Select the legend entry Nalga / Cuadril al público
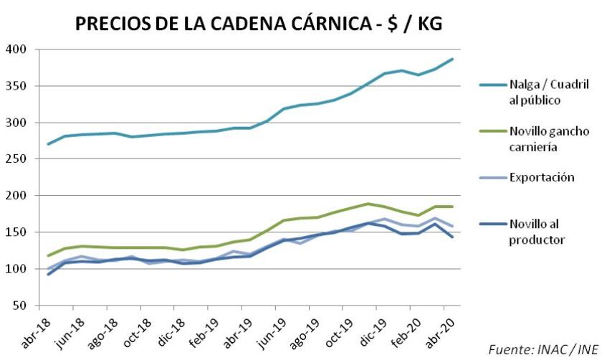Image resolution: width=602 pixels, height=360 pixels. point(530,93)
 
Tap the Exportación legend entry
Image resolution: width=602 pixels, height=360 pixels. point(542,176)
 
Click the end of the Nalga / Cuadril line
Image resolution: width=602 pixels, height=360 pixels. point(452,59)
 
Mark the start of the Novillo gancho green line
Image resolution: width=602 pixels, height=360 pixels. point(48,256)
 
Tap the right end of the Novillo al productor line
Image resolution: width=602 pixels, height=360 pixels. point(452,237)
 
